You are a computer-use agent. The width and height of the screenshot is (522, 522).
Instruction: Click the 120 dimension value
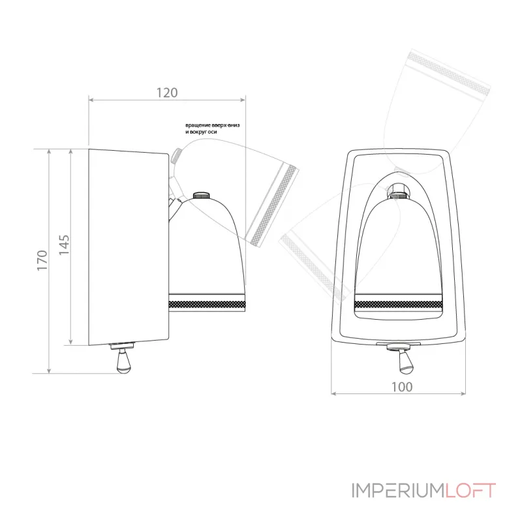click(167, 93)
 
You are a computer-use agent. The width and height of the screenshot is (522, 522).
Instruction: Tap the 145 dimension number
click(64, 245)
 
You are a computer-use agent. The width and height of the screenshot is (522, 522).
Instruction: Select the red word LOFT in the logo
click(470, 491)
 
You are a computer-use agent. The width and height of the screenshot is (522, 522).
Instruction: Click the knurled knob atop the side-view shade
click(200, 195)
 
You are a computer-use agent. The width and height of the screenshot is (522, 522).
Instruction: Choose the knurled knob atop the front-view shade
click(398, 192)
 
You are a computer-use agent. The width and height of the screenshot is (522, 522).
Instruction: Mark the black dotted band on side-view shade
click(207, 303)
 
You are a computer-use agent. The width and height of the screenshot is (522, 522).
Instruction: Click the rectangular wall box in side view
click(129, 247)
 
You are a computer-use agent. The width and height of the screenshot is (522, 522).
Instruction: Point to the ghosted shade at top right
click(437, 104)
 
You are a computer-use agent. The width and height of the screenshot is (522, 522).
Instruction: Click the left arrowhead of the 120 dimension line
click(91, 100)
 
